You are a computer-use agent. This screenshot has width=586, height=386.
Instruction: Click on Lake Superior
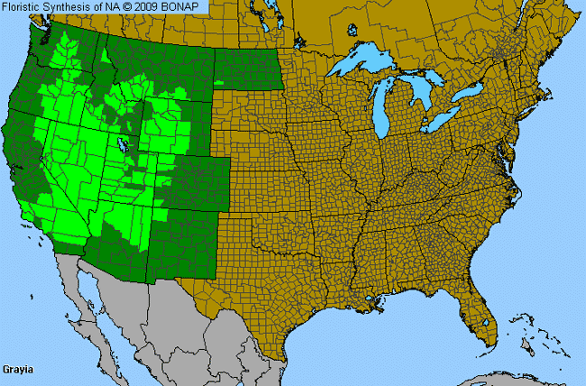pyautogui.click(x=365, y=64)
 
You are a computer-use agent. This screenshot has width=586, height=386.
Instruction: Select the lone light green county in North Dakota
pyautogui.click(x=219, y=82)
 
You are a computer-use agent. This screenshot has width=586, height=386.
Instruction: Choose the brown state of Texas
pyautogui.click(x=279, y=289)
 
